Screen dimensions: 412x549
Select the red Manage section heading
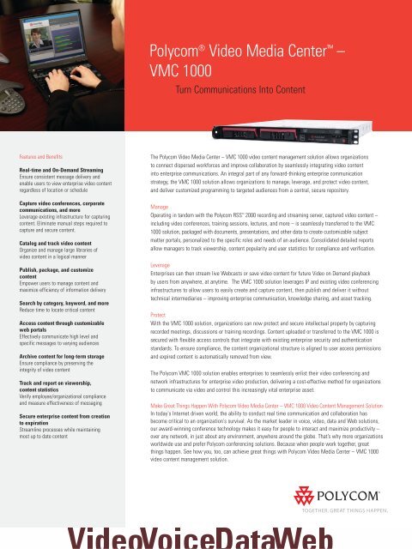tap(161, 207)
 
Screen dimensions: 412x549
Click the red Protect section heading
tap(160, 315)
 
